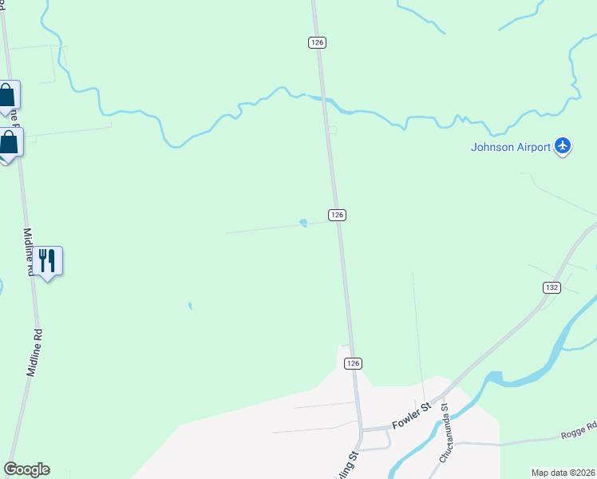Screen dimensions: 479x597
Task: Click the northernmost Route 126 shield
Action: click(x=318, y=42)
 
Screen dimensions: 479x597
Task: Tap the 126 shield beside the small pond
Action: click(x=337, y=215)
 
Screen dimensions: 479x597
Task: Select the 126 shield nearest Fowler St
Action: click(x=354, y=363)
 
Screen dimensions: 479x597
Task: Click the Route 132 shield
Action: click(x=552, y=287)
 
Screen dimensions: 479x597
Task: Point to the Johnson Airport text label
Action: click(x=511, y=147)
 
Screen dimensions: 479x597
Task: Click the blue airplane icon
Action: click(x=563, y=146)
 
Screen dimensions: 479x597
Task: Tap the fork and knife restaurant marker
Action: click(x=48, y=260)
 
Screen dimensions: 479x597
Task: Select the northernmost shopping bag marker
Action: click(x=7, y=96)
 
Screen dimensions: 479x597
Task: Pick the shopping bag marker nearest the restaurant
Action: click(x=9, y=143)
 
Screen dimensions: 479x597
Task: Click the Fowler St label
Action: click(x=411, y=416)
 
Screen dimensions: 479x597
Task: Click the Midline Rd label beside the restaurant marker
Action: click(x=29, y=252)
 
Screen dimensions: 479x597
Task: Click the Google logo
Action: click(x=27, y=469)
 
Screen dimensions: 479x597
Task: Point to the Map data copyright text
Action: click(x=563, y=472)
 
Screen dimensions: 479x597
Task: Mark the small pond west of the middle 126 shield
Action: click(x=303, y=223)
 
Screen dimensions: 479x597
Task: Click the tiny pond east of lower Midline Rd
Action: click(x=189, y=305)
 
